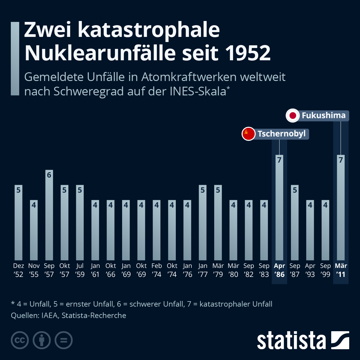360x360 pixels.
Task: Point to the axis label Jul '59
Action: [80, 270]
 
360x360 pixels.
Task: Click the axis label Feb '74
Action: [157, 270]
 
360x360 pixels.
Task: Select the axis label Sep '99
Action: [325, 270]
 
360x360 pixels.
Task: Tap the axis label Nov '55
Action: [34, 270]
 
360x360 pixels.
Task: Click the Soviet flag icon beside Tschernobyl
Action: [248, 134]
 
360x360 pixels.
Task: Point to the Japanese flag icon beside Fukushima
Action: [293, 116]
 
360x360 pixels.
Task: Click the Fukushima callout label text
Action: [323, 115]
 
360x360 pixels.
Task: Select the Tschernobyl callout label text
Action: [281, 134]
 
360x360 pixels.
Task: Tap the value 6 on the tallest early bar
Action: [49, 175]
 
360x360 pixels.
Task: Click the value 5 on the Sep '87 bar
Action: [295, 190]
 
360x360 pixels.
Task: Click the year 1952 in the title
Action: [248, 53]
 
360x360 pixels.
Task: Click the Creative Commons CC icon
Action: [20, 340]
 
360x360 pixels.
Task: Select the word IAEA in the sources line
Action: [49, 315]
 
